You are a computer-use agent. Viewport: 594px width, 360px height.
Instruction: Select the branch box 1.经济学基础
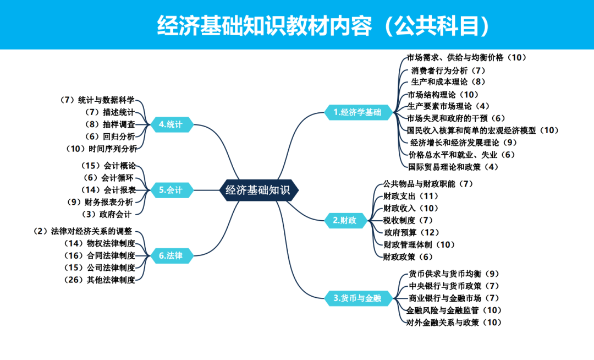tap(358, 112)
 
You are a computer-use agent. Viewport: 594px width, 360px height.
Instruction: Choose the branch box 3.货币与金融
tap(357, 298)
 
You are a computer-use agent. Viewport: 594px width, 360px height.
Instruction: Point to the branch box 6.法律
tap(170, 255)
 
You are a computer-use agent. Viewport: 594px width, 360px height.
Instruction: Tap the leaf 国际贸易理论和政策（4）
tap(453, 166)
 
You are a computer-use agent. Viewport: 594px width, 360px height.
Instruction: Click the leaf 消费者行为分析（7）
tap(448, 70)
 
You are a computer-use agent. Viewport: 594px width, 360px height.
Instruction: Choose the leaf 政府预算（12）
tap(412, 232)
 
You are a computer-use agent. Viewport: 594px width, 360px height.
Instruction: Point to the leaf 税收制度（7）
tap(408, 220)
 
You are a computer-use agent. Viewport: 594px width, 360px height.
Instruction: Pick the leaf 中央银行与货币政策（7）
tap(454, 286)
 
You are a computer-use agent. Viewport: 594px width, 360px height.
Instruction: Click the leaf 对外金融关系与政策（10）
tap(454, 322)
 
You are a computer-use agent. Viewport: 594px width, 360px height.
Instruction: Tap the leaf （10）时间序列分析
tap(101, 148)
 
